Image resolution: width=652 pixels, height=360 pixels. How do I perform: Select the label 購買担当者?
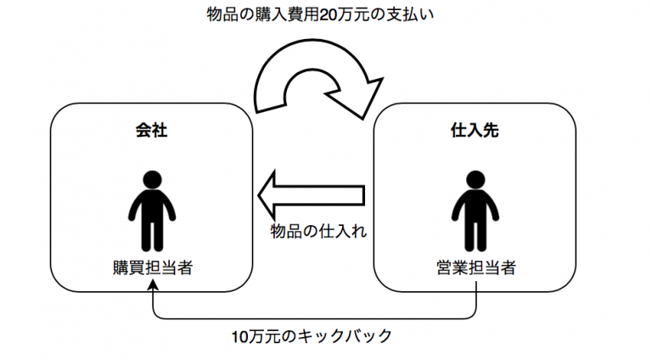tap(152, 267)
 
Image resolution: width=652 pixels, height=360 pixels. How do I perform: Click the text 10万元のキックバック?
tap(312, 336)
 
